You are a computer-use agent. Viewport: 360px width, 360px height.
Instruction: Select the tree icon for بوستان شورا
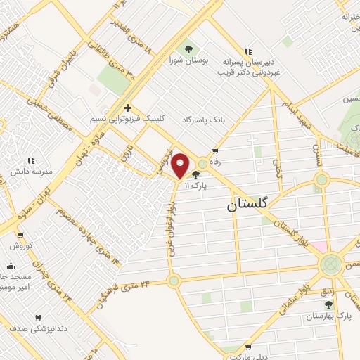pos(188,48)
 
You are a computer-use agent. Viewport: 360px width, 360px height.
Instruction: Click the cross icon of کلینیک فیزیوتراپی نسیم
pos(127,108)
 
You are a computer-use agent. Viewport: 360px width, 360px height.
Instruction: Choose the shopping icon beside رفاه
pos(214,150)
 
